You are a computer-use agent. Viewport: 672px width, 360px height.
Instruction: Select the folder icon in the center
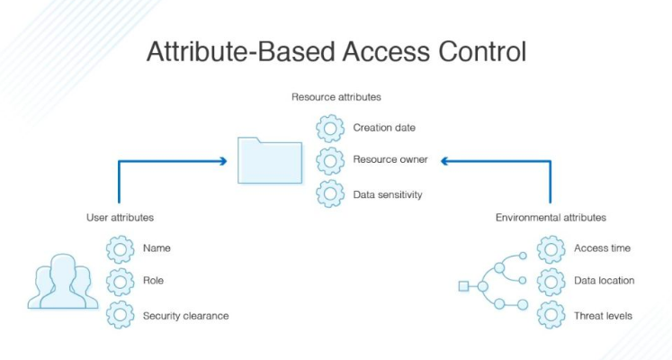[270, 160]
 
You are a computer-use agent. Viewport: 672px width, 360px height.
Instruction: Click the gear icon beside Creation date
[330, 127]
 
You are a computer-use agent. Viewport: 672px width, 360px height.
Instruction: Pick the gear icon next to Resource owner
[330, 160]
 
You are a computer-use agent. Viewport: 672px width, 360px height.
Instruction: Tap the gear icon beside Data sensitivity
[330, 193]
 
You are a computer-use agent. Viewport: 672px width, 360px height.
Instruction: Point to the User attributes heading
[120, 217]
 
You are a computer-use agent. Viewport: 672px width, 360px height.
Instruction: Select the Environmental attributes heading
[551, 217]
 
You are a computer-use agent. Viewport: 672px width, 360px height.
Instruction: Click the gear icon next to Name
[120, 248]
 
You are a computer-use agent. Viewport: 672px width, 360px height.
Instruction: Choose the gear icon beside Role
[120, 282]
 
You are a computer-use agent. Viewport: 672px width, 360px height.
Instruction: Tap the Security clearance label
[185, 316]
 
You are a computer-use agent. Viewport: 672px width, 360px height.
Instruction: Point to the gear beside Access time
[551, 248]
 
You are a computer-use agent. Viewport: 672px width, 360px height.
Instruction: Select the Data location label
[604, 281]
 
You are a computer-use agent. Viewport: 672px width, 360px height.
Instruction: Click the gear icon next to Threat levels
[551, 316]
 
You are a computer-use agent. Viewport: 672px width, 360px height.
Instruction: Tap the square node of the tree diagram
[463, 286]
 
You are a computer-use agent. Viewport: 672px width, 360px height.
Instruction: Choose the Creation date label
[384, 128]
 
